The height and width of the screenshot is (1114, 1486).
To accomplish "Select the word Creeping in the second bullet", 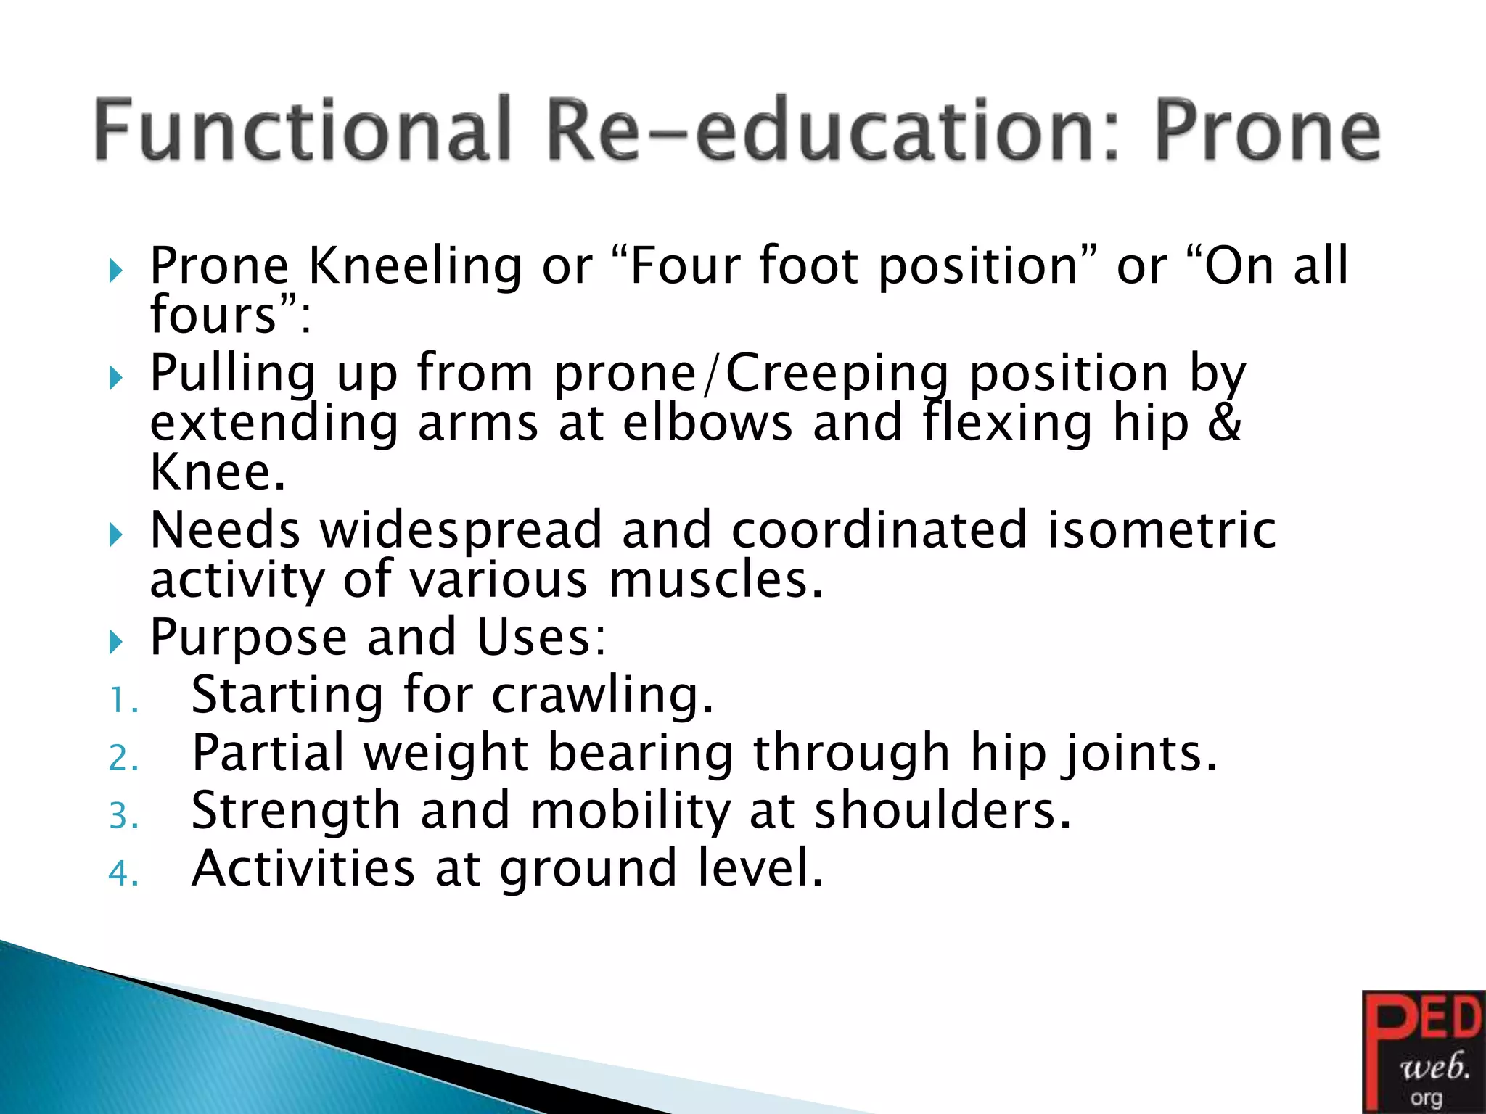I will pyautogui.click(x=837, y=374).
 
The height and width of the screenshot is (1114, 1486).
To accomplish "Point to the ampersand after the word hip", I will pyautogui.click(x=1226, y=423).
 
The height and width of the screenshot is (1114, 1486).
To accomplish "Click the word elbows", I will pyautogui.click(x=707, y=423).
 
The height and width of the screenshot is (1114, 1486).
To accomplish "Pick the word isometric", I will pyautogui.click(x=1161, y=529).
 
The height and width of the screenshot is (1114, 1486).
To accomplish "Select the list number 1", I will pyautogui.click(x=122, y=701).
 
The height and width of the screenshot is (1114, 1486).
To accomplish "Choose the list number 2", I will pyautogui.click(x=123, y=759).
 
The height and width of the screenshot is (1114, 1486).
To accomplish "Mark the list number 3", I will pyautogui.click(x=123, y=816).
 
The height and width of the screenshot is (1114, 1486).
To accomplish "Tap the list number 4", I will pyautogui.click(x=123, y=873).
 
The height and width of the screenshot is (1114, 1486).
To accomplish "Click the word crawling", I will pyautogui.click(x=602, y=696).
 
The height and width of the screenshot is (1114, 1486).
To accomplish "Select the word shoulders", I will pyautogui.click(x=943, y=811).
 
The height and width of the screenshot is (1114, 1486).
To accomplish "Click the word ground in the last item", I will pyautogui.click(x=588, y=870).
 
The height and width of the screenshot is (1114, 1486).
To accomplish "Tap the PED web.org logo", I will pyautogui.click(x=1423, y=1051).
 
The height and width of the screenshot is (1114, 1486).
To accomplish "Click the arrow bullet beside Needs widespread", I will pyautogui.click(x=116, y=536).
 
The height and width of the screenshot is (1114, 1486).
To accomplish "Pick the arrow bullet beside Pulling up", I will pyautogui.click(x=116, y=378).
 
